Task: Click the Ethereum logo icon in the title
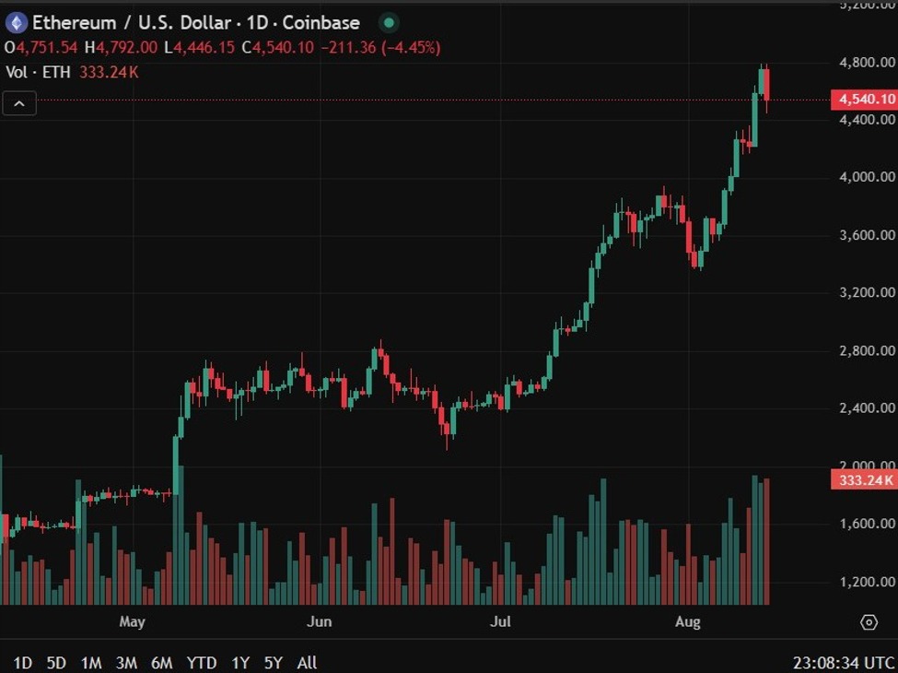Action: [x=17, y=22]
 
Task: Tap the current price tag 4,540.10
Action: [x=864, y=100]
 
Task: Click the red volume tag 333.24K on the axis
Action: [x=864, y=479]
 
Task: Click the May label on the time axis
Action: [x=133, y=622]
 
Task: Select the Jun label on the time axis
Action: [x=319, y=622]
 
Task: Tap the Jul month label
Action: [x=500, y=622]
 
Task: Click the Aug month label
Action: [x=687, y=622]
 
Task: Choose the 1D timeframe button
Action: [x=22, y=662]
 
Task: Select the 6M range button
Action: [x=161, y=662]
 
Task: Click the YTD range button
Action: [x=202, y=662]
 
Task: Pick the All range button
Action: [x=308, y=662]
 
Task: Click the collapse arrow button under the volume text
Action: [x=19, y=103]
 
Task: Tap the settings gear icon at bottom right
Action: [x=869, y=622]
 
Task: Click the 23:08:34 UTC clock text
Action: [x=844, y=662]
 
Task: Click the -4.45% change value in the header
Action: [x=413, y=47]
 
